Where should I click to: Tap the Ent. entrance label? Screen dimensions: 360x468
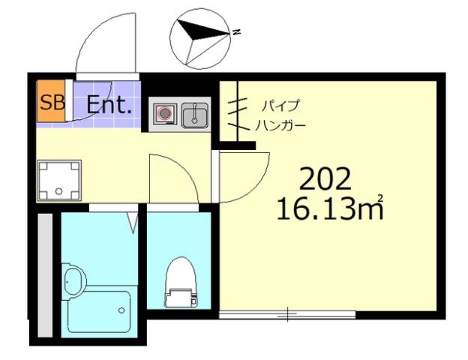click(109, 104)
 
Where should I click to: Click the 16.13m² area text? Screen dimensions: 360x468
click(330, 208)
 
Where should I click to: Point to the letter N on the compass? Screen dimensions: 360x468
click(235, 31)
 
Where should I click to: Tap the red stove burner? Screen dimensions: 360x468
click(165, 115)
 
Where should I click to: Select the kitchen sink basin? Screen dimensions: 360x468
click(196, 115)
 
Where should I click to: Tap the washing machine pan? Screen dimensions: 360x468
click(55, 181)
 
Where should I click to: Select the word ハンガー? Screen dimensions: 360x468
click(280, 124)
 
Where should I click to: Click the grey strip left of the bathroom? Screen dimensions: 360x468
click(44, 274)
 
